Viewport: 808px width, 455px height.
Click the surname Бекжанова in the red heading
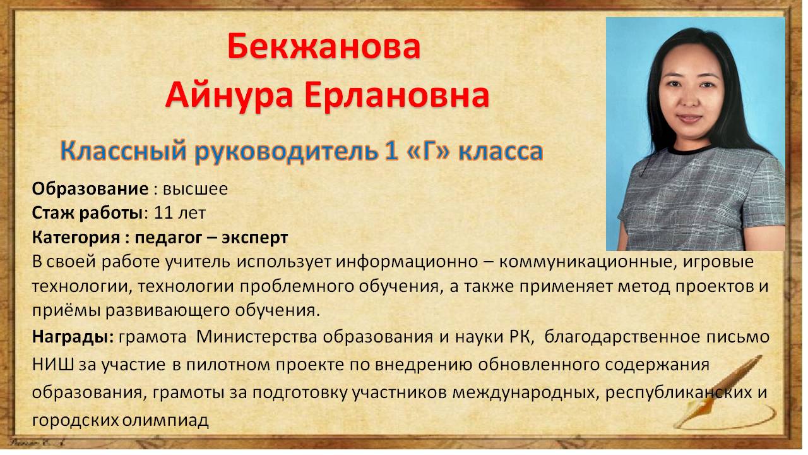click(324, 46)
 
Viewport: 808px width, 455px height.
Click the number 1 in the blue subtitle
click(392, 151)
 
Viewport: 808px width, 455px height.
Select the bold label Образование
click(90, 189)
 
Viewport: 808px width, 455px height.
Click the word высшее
click(196, 190)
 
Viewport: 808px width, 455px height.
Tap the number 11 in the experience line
click(164, 213)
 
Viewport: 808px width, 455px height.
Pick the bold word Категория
click(76, 238)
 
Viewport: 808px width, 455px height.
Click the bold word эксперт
click(254, 238)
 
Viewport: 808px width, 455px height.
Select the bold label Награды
click(73, 337)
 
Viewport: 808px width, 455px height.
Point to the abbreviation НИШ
click(52, 365)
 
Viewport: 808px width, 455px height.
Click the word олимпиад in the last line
click(165, 420)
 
